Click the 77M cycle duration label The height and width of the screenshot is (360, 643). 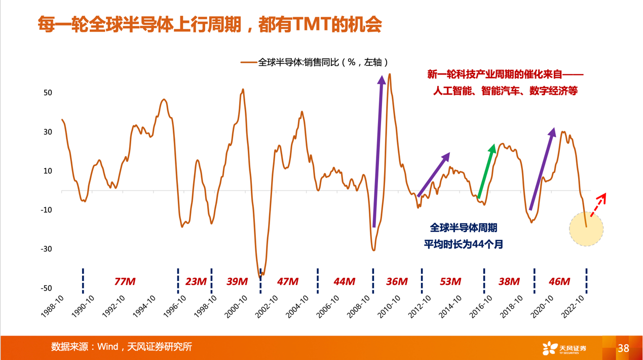click(125, 281)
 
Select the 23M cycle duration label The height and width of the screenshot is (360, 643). click(196, 281)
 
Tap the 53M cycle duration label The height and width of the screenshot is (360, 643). click(450, 281)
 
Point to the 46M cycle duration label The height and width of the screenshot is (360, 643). click(559, 281)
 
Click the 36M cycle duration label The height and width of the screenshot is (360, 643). click(397, 281)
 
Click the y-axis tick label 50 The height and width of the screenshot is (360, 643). click(48, 93)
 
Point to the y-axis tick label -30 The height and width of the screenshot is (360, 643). click(46, 249)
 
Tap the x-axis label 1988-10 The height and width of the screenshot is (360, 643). click(53, 307)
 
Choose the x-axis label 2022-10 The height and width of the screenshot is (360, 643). click(574, 307)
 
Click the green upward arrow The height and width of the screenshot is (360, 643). click(486, 171)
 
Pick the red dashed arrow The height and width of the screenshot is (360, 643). click(598, 205)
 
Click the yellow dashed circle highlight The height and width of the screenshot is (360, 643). click(586, 229)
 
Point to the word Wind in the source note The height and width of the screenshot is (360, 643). click(107, 347)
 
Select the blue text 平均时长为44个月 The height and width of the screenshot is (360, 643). click(464, 244)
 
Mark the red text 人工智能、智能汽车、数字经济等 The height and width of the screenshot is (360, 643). click(505, 92)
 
